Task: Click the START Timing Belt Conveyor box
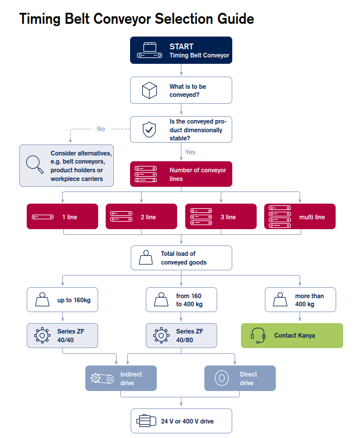point(181,50)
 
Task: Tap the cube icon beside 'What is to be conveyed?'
point(150,91)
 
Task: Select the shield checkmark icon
point(149,129)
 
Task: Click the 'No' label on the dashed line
point(101,129)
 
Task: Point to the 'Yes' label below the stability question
point(190,152)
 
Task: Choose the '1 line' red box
point(62,216)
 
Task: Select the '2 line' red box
point(141,216)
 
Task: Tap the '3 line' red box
point(221,216)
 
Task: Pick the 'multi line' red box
point(300,216)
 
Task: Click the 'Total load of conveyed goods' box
point(181,258)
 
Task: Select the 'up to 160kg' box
point(62,300)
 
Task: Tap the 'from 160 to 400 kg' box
point(181,300)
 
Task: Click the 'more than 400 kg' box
point(300,300)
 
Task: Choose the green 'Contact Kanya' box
point(292,335)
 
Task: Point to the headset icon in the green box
point(258,335)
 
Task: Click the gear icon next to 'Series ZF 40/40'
point(42,335)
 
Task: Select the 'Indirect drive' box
point(121,378)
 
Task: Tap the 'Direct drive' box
point(240,378)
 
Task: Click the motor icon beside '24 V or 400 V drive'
point(146,421)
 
